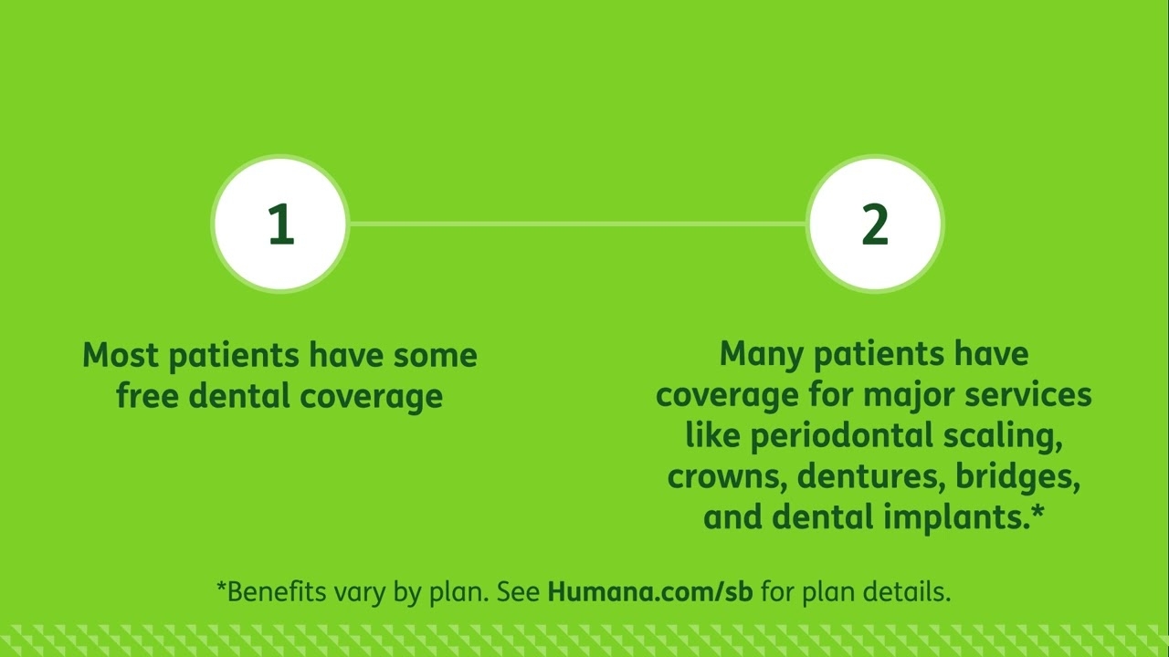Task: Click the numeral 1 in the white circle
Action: pyautogui.click(x=280, y=224)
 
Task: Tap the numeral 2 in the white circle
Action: pyautogui.click(x=875, y=224)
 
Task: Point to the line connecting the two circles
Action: pyautogui.click(x=577, y=223)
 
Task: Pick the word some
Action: pyautogui.click(x=436, y=355)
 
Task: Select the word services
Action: pyautogui.click(x=1029, y=395)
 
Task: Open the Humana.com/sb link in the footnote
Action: pyautogui.click(x=650, y=591)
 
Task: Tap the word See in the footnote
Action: pyautogui.click(x=518, y=591)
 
